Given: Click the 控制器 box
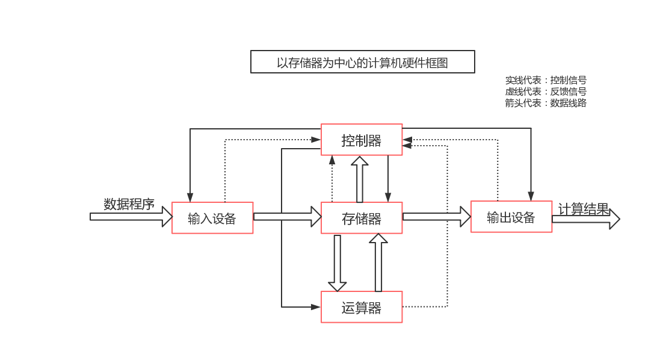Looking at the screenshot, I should pyautogui.click(x=362, y=140).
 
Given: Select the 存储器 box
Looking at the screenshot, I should pyautogui.click(x=362, y=218).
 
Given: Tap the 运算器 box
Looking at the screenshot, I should pyautogui.click(x=362, y=307).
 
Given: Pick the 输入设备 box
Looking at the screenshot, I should pyautogui.click(x=212, y=218).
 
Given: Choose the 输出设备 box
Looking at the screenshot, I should pyautogui.click(x=511, y=217).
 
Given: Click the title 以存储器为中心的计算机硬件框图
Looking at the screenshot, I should pyautogui.click(x=362, y=62).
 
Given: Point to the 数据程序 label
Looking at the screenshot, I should pyautogui.click(x=129, y=204).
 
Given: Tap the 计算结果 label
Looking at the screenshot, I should pyautogui.click(x=584, y=209).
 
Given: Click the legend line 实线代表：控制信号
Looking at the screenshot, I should pyautogui.click(x=546, y=80).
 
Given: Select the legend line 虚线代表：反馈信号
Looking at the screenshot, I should pyautogui.click(x=546, y=92).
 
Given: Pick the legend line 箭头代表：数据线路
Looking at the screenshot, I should pyautogui.click(x=546, y=103).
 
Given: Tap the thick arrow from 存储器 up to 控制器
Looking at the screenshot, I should pyautogui.click(x=360, y=179).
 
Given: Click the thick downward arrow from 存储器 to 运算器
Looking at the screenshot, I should pyautogui.click(x=337, y=262).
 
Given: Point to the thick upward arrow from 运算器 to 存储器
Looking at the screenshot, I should pyautogui.click(x=378, y=262).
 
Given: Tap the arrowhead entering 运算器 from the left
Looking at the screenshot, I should pyautogui.click(x=316, y=307).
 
